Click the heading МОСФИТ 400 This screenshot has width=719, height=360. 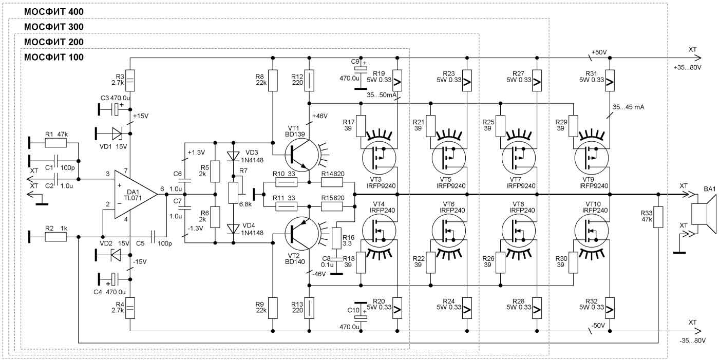pyautogui.click(x=54, y=11)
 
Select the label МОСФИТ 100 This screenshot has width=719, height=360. pyautogui.click(x=54, y=56)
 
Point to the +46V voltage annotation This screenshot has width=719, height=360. pyautogui.click(x=319, y=116)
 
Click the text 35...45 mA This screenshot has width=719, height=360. pyautogui.click(x=628, y=107)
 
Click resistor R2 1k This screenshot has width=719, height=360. pyautogui.click(x=56, y=237)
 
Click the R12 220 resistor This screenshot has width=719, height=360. pyautogui.click(x=309, y=81)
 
